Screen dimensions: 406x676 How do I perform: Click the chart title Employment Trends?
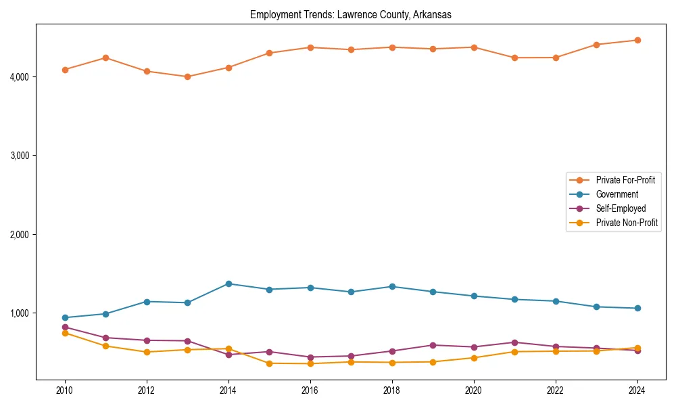[x=350, y=14]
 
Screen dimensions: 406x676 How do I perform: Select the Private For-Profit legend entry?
[x=625, y=180]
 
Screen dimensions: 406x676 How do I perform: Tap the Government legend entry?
[x=617, y=194]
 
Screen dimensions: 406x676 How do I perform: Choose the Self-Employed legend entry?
[x=621, y=208]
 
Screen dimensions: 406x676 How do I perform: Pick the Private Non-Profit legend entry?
[x=627, y=223]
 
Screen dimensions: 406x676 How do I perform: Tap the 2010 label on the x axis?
[x=65, y=390]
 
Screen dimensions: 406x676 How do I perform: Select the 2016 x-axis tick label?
[x=310, y=390]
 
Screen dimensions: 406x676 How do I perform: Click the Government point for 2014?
[x=228, y=284]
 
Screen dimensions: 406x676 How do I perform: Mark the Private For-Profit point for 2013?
[x=187, y=76]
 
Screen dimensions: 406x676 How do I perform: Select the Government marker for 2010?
[x=65, y=317]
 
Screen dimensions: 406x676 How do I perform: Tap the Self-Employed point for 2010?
[x=65, y=327]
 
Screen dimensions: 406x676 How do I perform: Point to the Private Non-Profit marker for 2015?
[x=269, y=363]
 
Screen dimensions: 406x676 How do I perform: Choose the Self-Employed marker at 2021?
[x=514, y=342]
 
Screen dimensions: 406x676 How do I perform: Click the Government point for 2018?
[x=392, y=286]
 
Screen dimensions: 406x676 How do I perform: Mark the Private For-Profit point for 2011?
[x=105, y=58]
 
